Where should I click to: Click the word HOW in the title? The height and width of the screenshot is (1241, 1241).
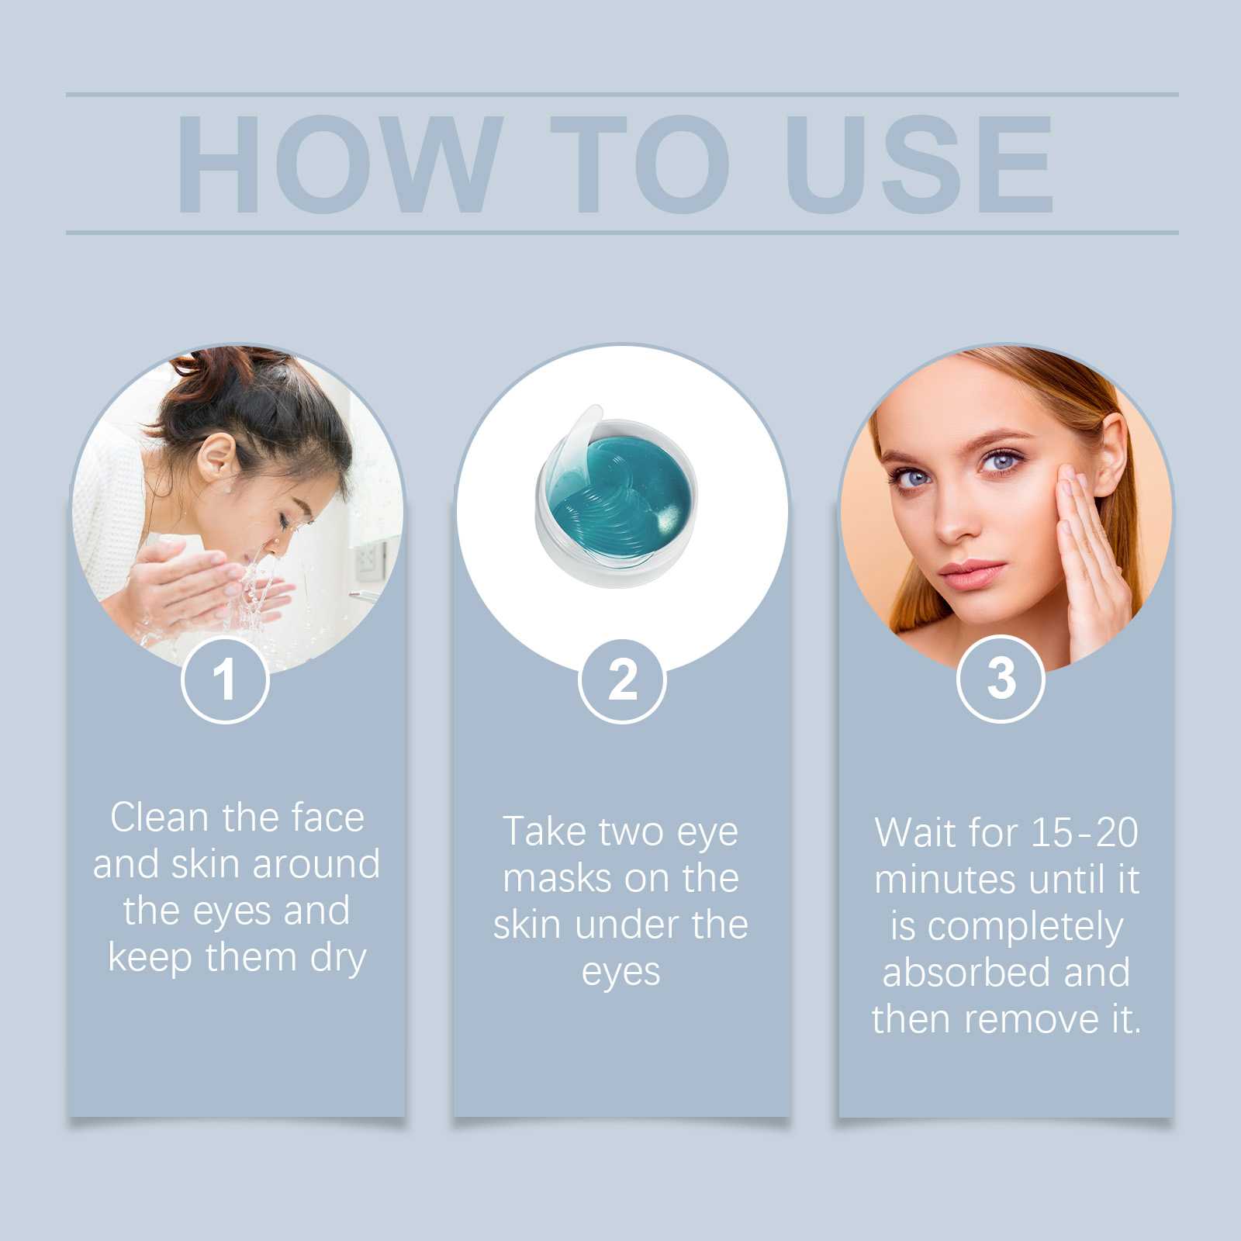click(x=340, y=164)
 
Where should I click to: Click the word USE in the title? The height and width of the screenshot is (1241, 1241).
click(x=920, y=164)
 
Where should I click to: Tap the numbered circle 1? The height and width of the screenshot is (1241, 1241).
click(x=225, y=679)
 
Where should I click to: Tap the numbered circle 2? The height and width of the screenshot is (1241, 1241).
click(x=622, y=681)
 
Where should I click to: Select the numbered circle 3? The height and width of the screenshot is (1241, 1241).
click(x=1001, y=679)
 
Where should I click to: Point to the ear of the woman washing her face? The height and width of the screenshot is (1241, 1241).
click(x=216, y=458)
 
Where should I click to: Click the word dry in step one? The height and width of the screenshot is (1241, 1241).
click(x=338, y=959)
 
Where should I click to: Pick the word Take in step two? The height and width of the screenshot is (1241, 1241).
click(x=544, y=831)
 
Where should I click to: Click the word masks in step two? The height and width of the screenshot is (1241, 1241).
click(x=558, y=879)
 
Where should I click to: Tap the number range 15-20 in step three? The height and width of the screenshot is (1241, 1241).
click(x=1084, y=833)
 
